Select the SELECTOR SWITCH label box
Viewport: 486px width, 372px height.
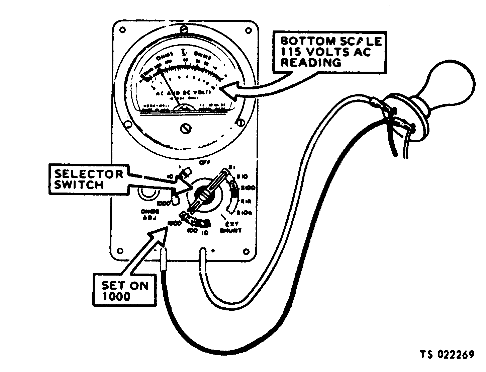point(89,179)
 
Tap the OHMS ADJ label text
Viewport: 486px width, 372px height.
point(150,215)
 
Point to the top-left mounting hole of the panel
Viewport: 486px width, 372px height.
point(123,30)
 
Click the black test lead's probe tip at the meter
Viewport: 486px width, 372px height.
point(164,260)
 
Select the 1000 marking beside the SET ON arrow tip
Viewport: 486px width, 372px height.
point(175,223)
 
